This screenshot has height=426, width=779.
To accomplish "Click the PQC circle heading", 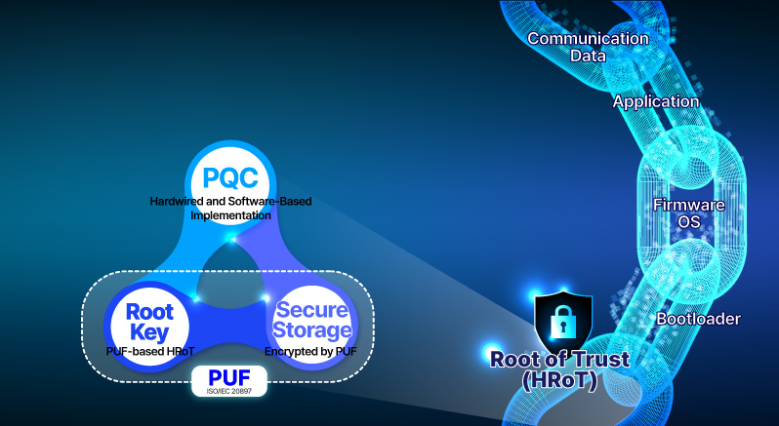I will pyautogui.click(x=230, y=177).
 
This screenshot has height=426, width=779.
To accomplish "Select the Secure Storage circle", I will pyautogui.click(x=312, y=322).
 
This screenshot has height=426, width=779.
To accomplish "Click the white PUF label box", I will pyautogui.click(x=230, y=379).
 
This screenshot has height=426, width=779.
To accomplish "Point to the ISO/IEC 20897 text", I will pyautogui.click(x=230, y=391).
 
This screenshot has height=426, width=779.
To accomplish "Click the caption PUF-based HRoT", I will pyautogui.click(x=149, y=349).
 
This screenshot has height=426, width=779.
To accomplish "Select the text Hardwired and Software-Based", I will pyautogui.click(x=230, y=202).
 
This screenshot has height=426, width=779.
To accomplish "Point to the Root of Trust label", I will pyautogui.click(x=560, y=359).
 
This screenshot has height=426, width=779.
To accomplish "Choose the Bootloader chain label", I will pyautogui.click(x=697, y=319).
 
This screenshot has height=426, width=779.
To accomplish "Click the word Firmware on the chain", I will pyautogui.click(x=689, y=206).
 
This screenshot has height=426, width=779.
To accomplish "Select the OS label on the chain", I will pyautogui.click(x=689, y=222).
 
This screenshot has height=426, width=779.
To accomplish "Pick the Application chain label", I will pyautogui.click(x=656, y=101).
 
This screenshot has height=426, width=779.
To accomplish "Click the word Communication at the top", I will pyautogui.click(x=588, y=39).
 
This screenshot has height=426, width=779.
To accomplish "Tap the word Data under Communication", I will pyautogui.click(x=588, y=56).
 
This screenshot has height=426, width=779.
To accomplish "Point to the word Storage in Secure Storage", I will pyautogui.click(x=312, y=331).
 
